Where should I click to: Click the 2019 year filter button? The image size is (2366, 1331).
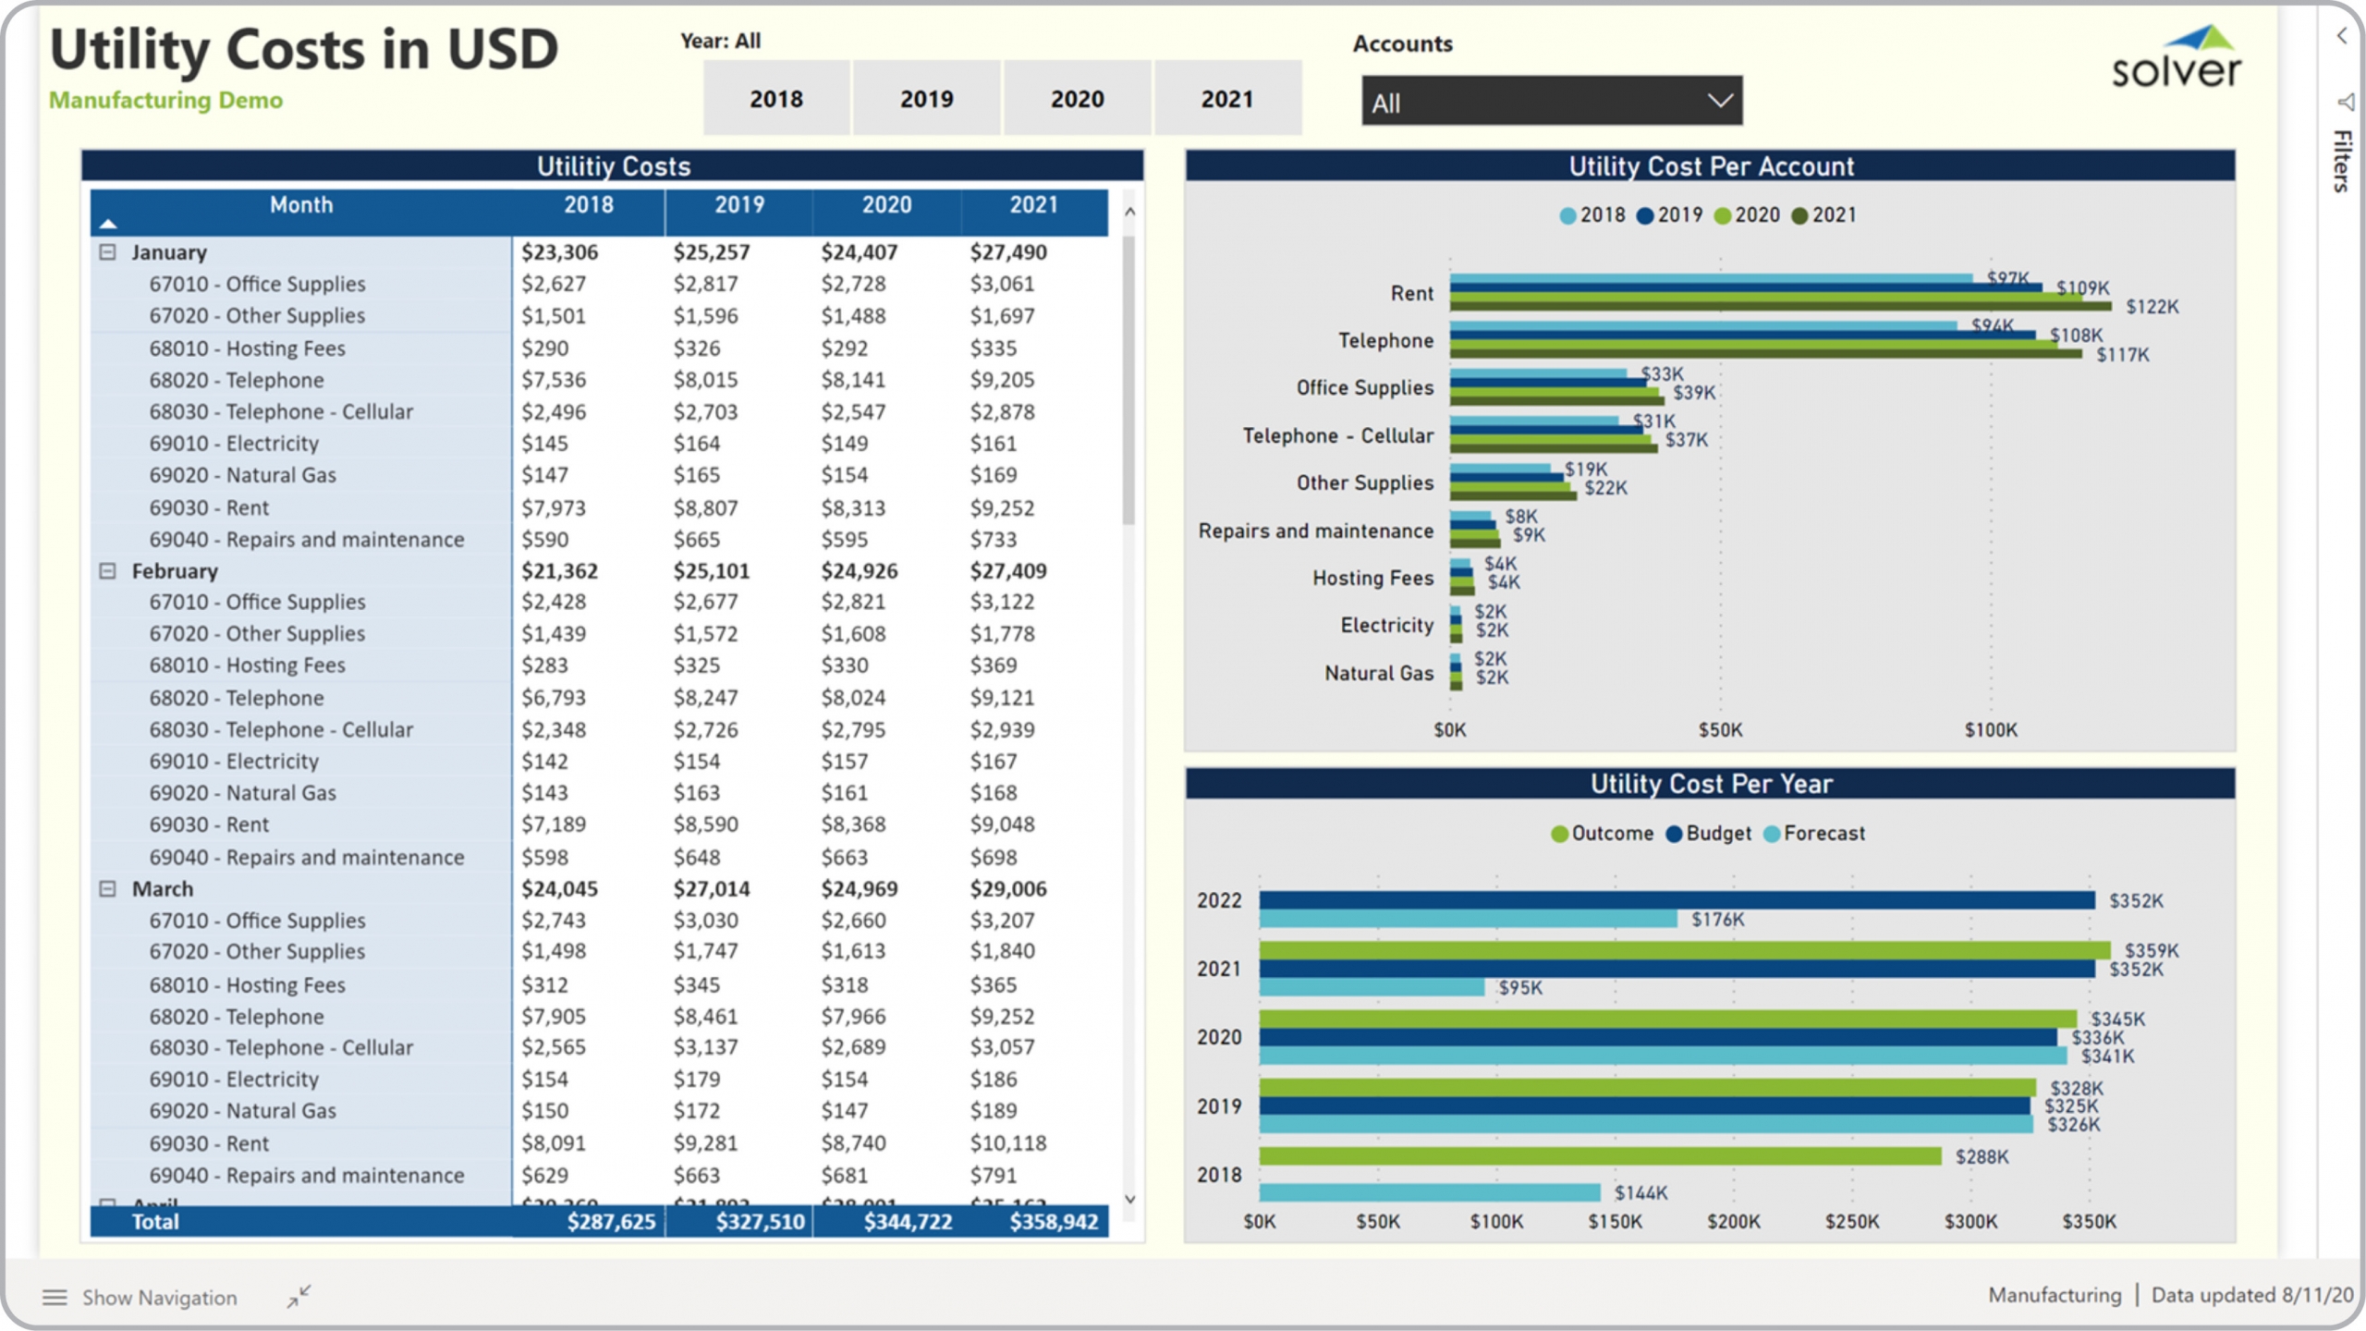point(926,99)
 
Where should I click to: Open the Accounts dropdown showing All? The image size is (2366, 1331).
point(1551,102)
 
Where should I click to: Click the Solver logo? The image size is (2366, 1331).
point(2176,58)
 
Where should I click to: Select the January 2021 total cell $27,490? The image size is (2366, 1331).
point(1007,252)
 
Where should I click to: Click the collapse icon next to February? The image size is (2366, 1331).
point(108,571)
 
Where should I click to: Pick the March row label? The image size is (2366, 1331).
point(163,889)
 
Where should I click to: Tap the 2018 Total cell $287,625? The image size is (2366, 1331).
point(610,1222)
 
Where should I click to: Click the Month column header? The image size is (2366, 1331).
point(301,205)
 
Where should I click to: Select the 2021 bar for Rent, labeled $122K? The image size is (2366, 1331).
point(1779,306)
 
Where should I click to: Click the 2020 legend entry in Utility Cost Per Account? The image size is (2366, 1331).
point(1747,215)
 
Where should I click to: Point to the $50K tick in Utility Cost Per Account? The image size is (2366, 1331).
point(1720,730)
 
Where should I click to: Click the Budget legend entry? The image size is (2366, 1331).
point(1709,834)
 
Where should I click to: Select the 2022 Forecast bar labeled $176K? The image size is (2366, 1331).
point(1468,919)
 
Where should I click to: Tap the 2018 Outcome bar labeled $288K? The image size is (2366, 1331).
point(1599,1156)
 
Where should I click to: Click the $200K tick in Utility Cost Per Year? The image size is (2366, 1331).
point(1733,1222)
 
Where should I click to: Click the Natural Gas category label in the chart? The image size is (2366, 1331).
point(1378,673)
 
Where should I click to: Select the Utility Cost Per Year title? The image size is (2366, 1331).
point(1710,784)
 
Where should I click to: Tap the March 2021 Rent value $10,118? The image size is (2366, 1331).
point(1007,1143)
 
